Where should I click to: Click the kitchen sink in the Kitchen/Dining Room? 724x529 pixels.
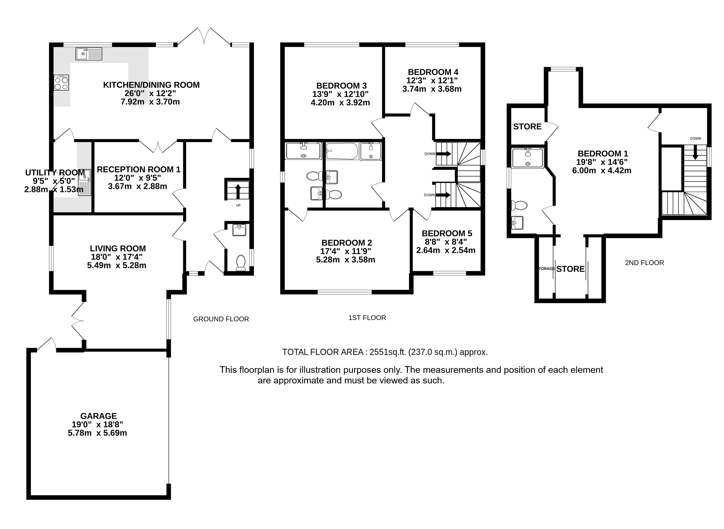[x=89, y=54]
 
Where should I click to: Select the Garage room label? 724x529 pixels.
[x=99, y=416]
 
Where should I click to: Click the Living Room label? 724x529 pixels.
[x=118, y=248]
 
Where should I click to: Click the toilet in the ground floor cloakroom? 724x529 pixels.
[x=241, y=263]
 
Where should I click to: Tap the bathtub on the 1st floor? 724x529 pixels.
[x=342, y=151]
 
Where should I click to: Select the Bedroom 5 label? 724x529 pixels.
[x=447, y=233]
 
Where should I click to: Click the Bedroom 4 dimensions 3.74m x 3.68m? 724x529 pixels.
[x=432, y=89]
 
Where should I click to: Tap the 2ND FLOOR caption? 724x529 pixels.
[x=644, y=263]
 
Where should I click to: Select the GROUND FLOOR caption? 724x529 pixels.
[x=221, y=319]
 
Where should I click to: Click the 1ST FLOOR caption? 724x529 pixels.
[x=367, y=318]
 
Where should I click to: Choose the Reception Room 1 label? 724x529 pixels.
[x=139, y=169]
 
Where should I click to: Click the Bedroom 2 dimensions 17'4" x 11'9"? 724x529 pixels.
[x=346, y=251]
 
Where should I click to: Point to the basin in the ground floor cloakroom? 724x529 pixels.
[x=239, y=230]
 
